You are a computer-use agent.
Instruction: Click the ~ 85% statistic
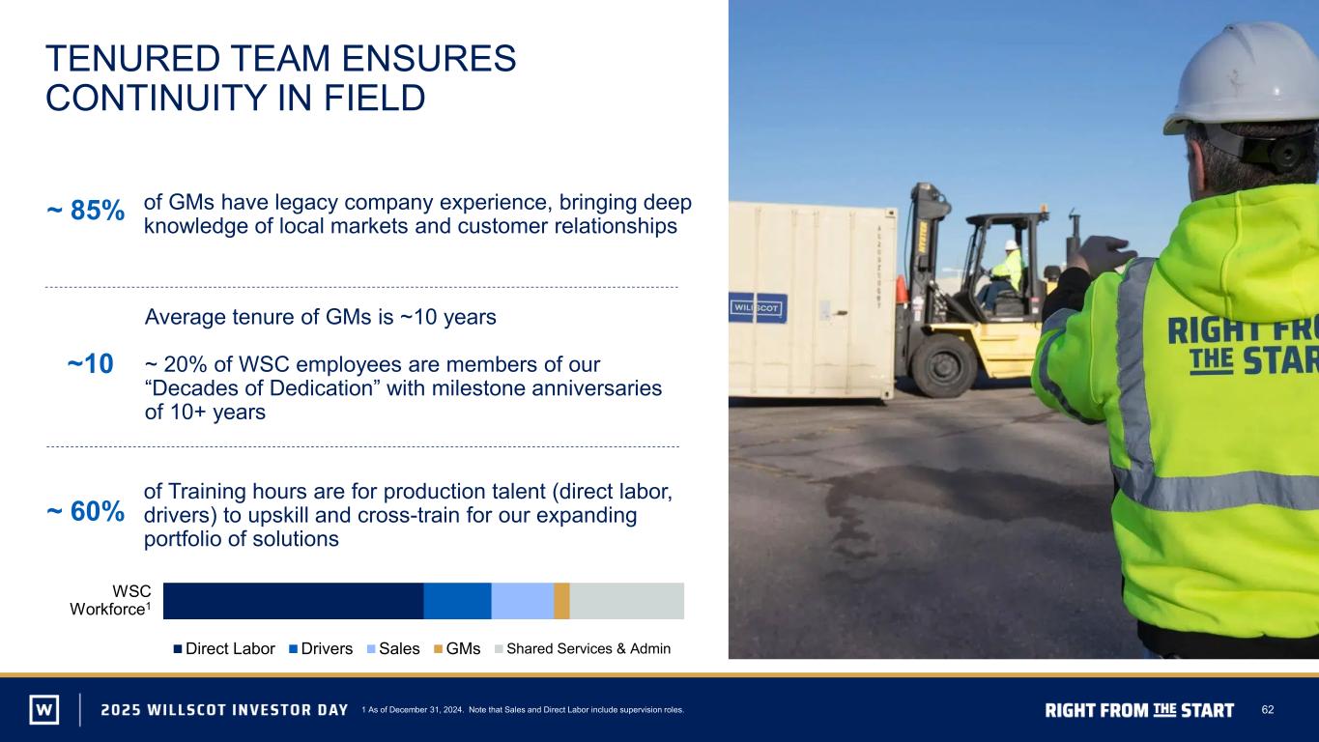click(85, 211)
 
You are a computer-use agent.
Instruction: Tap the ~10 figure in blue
click(90, 364)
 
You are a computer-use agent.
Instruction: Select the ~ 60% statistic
click(85, 511)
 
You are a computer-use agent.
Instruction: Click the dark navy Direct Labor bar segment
click(293, 601)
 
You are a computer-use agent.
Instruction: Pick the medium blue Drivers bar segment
click(457, 601)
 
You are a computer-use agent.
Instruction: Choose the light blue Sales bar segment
click(523, 601)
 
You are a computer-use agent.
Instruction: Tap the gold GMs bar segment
click(561, 601)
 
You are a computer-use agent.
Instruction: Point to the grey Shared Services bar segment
click(627, 601)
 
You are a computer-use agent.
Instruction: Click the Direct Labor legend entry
click(224, 649)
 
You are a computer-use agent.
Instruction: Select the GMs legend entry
click(457, 649)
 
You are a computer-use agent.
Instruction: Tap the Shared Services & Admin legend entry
click(583, 649)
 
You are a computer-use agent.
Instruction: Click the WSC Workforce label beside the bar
click(111, 600)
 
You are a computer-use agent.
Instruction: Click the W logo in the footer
click(44, 709)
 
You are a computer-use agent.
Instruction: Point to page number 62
click(1268, 709)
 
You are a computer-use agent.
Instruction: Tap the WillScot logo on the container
click(758, 308)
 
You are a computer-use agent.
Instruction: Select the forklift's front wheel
click(943, 366)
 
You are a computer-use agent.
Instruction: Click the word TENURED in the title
click(132, 58)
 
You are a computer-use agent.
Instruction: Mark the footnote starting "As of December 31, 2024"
click(523, 710)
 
